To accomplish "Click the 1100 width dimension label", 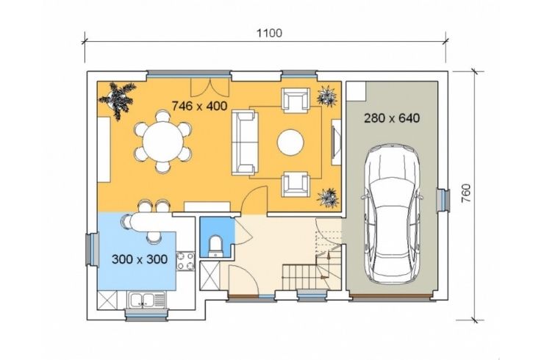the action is pyautogui.click(x=270, y=33).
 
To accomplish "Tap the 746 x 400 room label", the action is pyautogui.click(x=199, y=106).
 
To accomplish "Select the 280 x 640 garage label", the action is pyautogui.click(x=392, y=118).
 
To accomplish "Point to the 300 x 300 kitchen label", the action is pyautogui.click(x=140, y=259).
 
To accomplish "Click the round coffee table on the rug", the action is pyautogui.click(x=290, y=143).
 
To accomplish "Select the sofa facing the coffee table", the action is pyautogui.click(x=245, y=143).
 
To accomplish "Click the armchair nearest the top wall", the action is pyautogui.click(x=295, y=101).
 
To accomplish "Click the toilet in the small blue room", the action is pyautogui.click(x=216, y=246).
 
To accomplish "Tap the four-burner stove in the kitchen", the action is pyautogui.click(x=186, y=261).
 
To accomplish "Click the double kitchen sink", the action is pyautogui.click(x=146, y=300).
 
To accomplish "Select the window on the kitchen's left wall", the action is pyautogui.click(x=92, y=249).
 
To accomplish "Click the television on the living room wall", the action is pyautogui.click(x=336, y=143).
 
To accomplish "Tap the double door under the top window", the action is pyautogui.click(x=210, y=88).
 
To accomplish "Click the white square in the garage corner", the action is pyautogui.click(x=356, y=91).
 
